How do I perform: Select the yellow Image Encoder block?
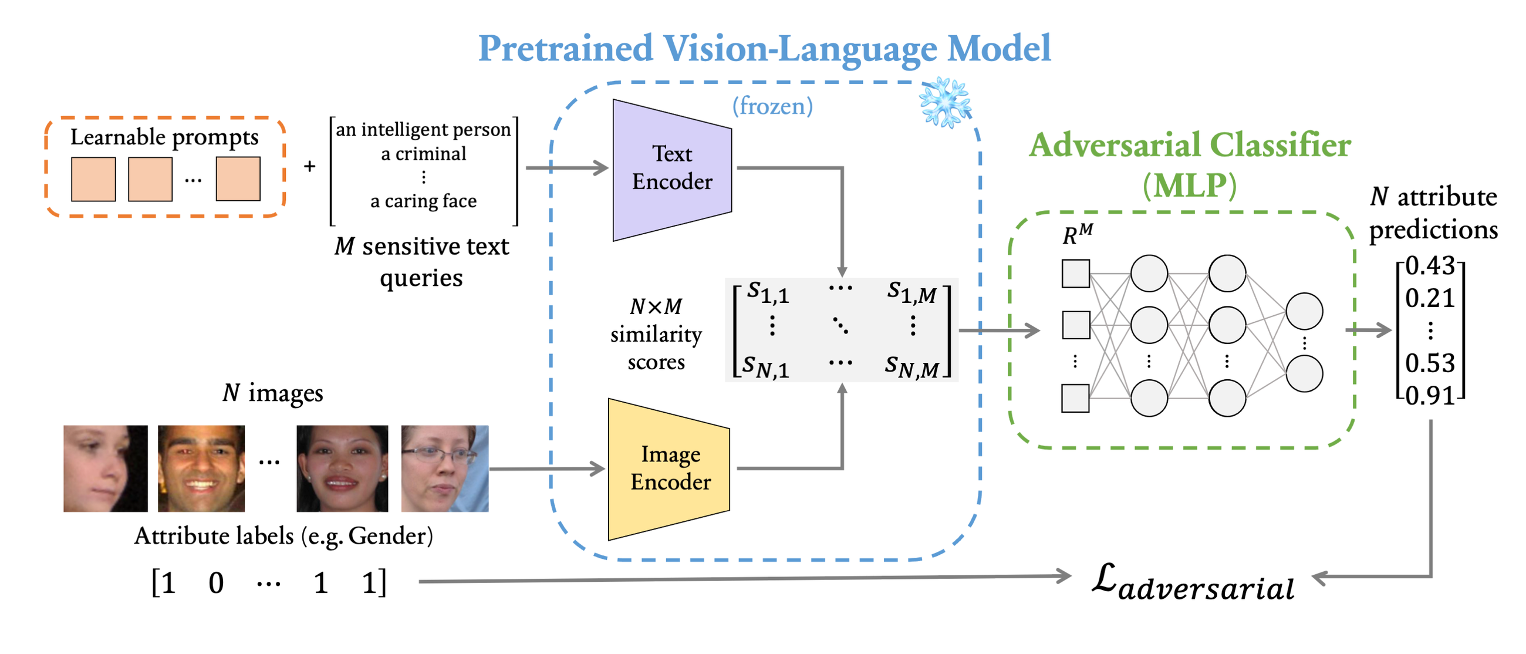tap(670, 468)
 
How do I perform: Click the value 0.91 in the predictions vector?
tap(1429, 395)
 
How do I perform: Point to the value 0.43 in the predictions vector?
tap(1429, 266)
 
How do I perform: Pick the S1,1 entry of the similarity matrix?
tap(768, 292)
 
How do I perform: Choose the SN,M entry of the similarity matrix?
tap(911, 367)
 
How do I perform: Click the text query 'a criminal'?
tap(423, 154)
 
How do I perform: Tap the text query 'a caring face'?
tap(423, 201)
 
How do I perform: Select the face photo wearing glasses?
tap(444, 468)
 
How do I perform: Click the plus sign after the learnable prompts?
tap(309, 167)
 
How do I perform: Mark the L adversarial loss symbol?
tap(1192, 584)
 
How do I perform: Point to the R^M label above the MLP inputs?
tap(1077, 234)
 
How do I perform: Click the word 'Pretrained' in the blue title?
tap(565, 49)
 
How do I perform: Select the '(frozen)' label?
tap(772, 107)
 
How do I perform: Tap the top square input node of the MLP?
tap(1075, 274)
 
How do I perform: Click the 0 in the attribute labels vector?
tap(216, 583)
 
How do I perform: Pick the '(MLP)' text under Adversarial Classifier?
tap(1189, 186)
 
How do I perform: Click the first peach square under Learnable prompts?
tap(93, 179)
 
